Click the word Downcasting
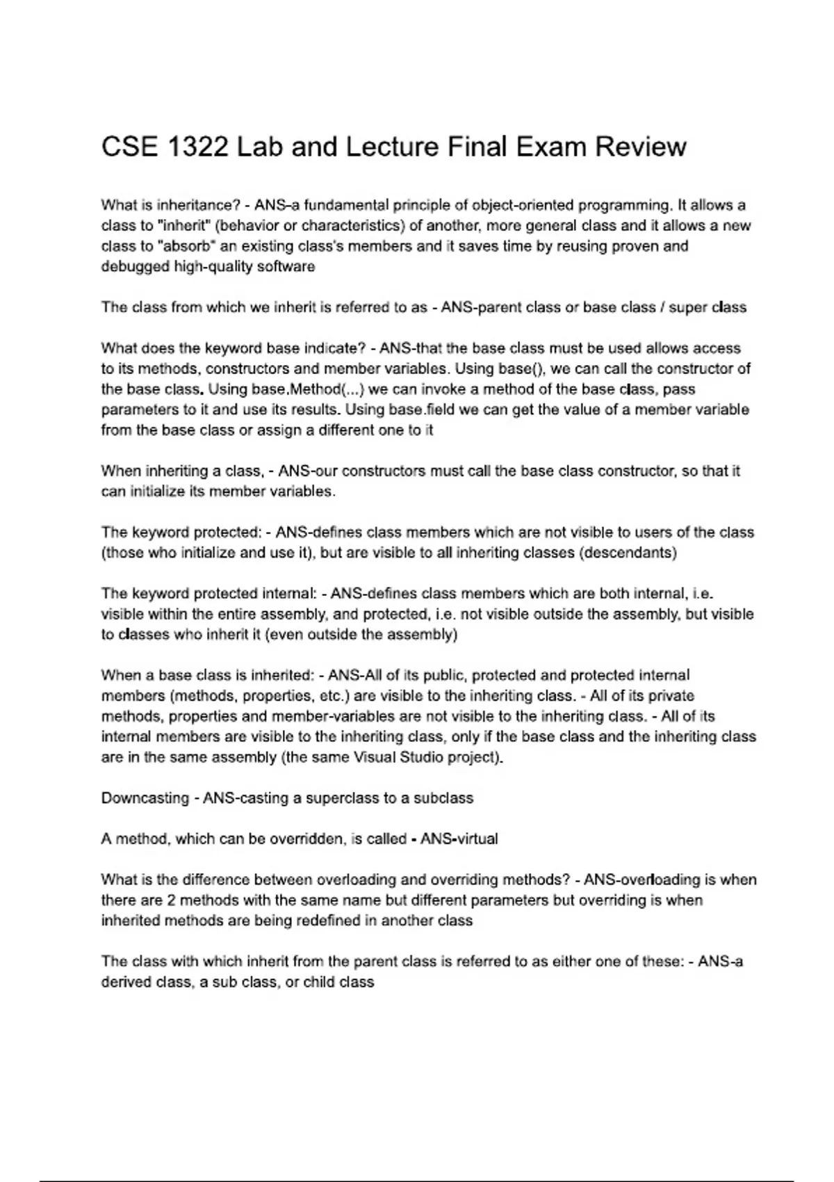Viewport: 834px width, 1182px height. pos(145,798)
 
